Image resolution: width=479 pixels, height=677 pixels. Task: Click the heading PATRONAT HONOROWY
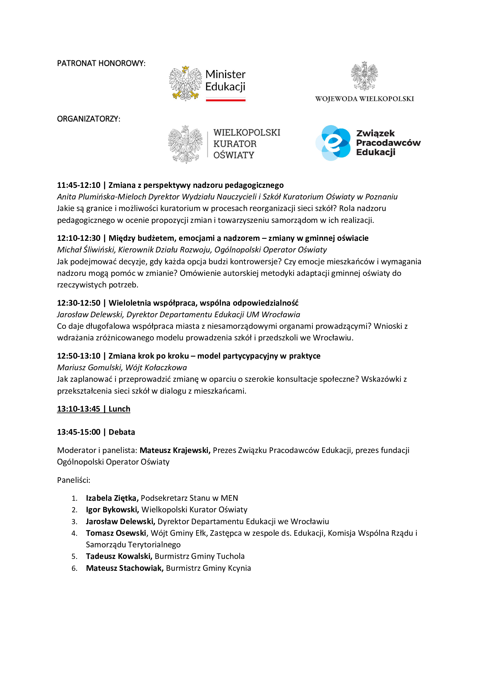[x=101, y=63]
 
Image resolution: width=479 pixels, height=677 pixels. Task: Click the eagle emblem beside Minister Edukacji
[x=185, y=83]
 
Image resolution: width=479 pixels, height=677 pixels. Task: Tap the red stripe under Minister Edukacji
[x=225, y=100]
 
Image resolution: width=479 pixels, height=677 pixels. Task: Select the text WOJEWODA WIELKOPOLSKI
[x=364, y=99]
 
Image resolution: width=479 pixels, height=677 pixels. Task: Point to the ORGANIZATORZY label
[x=89, y=119]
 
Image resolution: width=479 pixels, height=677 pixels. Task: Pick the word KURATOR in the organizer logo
[x=235, y=144]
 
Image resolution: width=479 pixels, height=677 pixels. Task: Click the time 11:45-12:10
[x=78, y=185]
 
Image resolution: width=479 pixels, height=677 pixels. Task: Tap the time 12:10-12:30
[x=78, y=238]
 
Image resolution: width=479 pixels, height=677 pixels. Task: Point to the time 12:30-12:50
[x=78, y=303]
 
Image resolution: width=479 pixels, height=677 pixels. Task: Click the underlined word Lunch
[x=119, y=409]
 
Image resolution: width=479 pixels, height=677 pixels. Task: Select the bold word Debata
[x=122, y=432]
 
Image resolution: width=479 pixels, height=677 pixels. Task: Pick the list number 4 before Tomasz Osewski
[x=74, y=533]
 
